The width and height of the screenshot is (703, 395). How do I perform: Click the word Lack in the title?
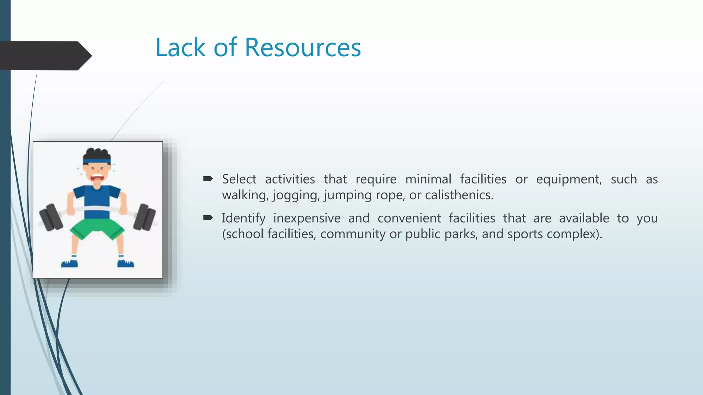[180, 47]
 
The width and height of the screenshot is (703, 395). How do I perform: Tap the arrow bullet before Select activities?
[208, 179]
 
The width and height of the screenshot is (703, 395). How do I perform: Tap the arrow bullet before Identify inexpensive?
[208, 218]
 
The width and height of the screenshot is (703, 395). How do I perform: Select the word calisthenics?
[459, 195]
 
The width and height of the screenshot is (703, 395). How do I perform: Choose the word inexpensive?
[307, 218]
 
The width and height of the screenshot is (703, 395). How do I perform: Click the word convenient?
[409, 218]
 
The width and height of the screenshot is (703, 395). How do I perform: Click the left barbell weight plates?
[51, 217]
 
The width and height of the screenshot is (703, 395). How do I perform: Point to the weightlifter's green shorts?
[97, 228]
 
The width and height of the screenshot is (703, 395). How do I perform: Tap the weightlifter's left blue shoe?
[69, 263]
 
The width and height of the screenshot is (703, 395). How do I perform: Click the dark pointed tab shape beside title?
[45, 56]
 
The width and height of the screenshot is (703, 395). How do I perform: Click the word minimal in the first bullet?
[428, 179]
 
